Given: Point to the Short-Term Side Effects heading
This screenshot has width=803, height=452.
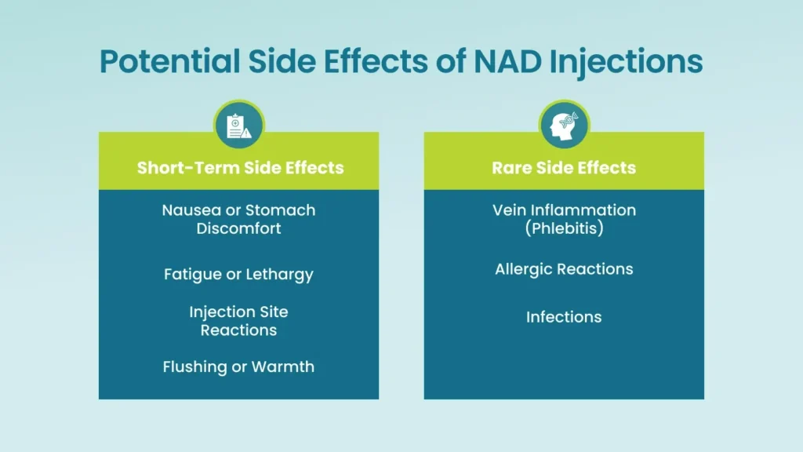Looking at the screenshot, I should [240, 167].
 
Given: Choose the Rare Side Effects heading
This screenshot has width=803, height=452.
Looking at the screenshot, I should [564, 167].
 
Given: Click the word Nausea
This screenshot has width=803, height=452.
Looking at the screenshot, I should [187, 210].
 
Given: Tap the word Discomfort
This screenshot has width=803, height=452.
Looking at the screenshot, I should [238, 228].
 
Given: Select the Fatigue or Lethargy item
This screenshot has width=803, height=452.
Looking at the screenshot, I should [238, 275].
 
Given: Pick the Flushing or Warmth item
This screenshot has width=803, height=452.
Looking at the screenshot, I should [238, 366].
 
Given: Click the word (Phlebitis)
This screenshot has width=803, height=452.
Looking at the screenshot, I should [564, 228].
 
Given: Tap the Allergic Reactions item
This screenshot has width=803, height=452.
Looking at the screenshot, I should [564, 269].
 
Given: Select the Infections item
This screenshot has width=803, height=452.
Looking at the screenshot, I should [564, 317].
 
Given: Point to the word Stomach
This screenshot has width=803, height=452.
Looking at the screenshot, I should [280, 210].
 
